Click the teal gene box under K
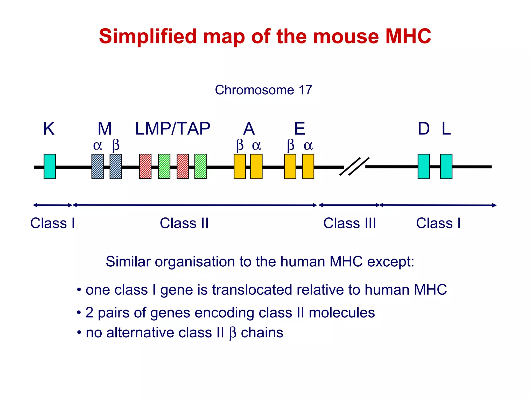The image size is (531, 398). pos(50,166)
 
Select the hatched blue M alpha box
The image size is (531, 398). pos(97,166)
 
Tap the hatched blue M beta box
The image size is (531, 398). pos(116,166)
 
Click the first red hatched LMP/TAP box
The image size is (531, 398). pos(145,166)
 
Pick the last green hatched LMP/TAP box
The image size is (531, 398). pos(200,166)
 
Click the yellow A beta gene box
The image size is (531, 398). pos(240,166)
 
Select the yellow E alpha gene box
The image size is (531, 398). pos(308,166)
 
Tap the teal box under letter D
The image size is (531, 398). pos(424,166)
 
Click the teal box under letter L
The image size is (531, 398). pos(446,166)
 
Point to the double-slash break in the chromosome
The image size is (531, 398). pos(354,167)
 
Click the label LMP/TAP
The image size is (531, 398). pos(173,129)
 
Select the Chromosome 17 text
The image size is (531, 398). pos(263,90)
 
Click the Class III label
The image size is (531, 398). pos(350,223)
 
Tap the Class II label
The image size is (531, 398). pos(184,223)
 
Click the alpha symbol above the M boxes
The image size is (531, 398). pos(97,146)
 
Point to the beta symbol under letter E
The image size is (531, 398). pos(291,146)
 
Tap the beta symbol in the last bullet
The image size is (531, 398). pos(233,333)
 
